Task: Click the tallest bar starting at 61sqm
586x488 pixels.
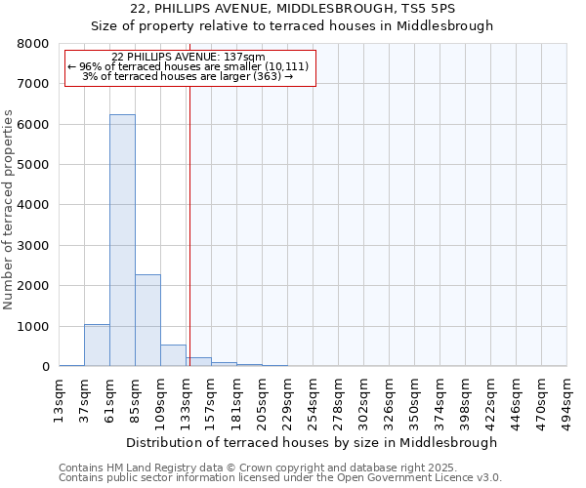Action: (x=122, y=240)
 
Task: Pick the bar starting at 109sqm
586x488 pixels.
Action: (x=173, y=355)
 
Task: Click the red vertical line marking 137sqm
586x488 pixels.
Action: (x=189, y=224)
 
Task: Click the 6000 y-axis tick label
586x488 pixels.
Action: (x=33, y=125)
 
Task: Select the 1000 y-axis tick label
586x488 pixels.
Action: (x=33, y=327)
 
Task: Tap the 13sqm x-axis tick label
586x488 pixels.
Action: (x=59, y=397)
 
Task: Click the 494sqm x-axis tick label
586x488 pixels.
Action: (x=567, y=397)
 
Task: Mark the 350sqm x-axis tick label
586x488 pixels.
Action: (x=415, y=397)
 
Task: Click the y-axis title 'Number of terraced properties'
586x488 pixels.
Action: (x=9, y=210)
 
